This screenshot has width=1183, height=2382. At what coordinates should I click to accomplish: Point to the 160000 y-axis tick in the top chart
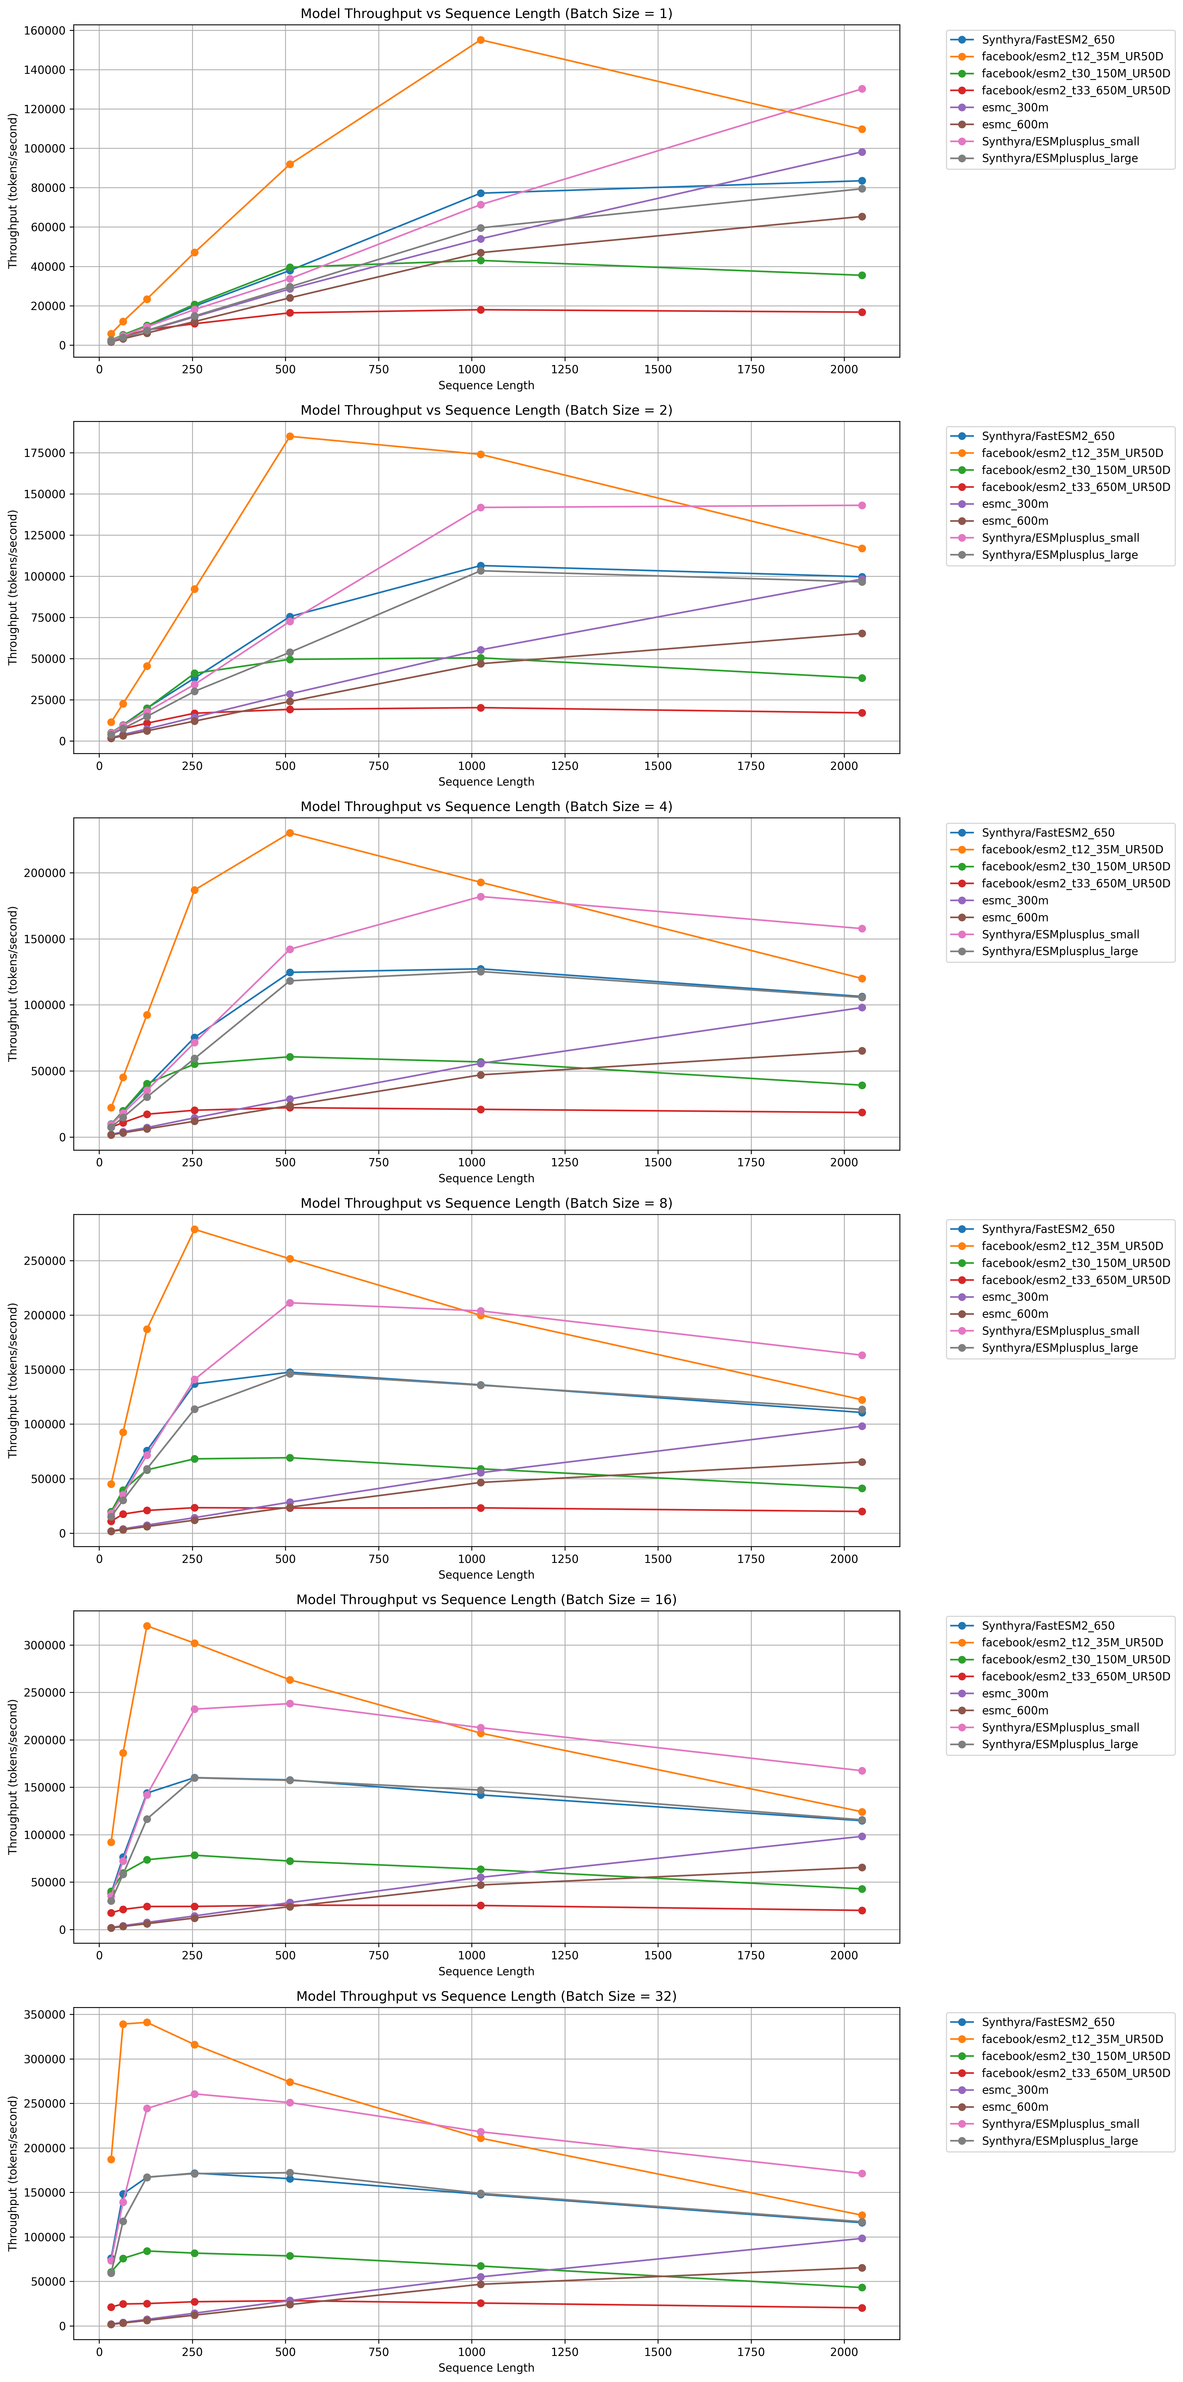[41, 31]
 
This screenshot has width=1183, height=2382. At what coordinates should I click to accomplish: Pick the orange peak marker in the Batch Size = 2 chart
[290, 436]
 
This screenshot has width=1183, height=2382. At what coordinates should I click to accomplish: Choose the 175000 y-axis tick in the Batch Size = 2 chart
[41, 453]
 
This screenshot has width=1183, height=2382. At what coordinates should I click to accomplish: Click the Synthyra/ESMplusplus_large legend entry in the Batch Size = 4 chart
[1059, 952]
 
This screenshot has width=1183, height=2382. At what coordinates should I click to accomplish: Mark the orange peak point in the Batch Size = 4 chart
[290, 833]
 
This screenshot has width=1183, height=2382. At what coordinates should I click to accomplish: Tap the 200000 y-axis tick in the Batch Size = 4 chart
[41, 873]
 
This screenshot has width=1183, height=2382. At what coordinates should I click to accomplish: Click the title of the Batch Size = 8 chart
[485, 1203]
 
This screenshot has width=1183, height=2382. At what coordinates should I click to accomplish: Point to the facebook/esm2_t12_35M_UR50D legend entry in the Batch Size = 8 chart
[1072, 1247]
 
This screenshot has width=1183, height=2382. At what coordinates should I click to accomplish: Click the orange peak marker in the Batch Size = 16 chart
[147, 1626]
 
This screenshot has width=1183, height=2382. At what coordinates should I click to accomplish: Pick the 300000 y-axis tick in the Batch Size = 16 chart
[41, 1645]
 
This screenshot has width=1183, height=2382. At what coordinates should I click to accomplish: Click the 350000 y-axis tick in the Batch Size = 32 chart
[41, 2015]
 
